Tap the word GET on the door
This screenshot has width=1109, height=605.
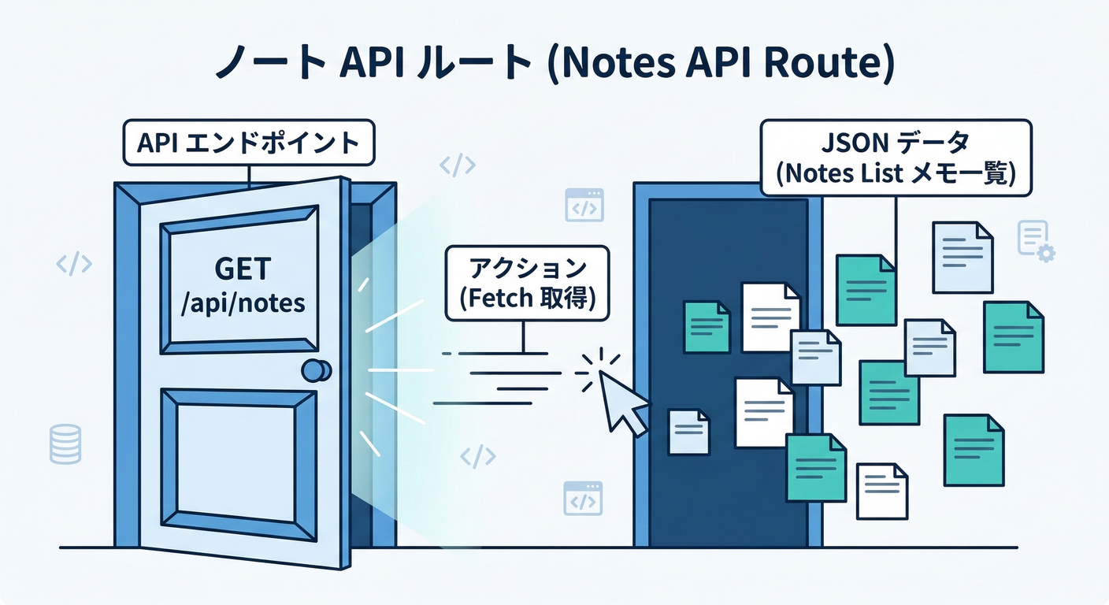(243, 270)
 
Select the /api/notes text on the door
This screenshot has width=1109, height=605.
(243, 303)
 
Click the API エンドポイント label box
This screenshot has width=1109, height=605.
(248, 144)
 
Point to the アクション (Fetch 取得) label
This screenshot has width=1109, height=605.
(527, 284)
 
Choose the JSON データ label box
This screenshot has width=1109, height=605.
(896, 158)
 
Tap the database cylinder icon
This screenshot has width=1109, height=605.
(65, 443)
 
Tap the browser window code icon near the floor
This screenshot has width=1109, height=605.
(583, 498)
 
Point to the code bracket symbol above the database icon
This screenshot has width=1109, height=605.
(74, 264)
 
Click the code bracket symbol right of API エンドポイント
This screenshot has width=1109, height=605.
(457, 165)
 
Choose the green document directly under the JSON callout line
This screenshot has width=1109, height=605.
(866, 289)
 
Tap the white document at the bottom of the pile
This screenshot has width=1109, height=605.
(882, 491)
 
